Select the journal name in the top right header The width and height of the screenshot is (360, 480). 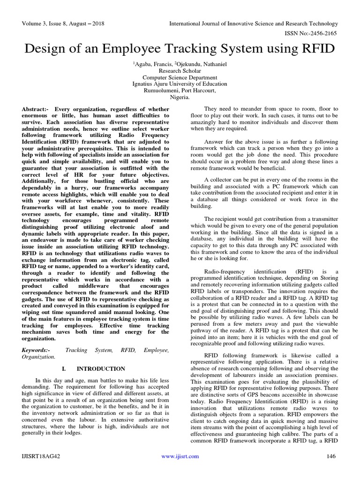pos(253,23)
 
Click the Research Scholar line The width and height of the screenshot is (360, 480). pos(180,71)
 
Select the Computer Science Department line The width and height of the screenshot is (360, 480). pos(180,78)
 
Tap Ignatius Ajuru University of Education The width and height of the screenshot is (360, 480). pos(180,84)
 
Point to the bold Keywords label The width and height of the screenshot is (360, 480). pos(36,350)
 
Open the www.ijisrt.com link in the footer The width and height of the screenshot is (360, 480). pos(180,456)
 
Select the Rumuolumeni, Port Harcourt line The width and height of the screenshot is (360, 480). pos(180,91)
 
